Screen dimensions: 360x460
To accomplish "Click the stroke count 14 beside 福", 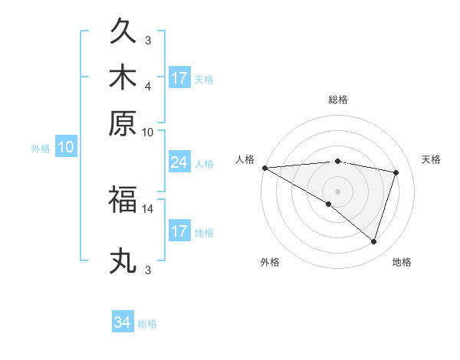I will coord(148,208).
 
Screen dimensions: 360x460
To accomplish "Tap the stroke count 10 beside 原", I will coord(148,132).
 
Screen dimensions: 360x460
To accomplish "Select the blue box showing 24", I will coord(179,162).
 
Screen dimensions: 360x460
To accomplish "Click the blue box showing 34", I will coord(123,322).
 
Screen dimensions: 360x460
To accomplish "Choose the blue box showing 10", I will coord(65,147).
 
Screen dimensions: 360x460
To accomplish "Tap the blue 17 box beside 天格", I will coord(179,78).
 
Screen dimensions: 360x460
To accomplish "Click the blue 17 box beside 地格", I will coord(179,231).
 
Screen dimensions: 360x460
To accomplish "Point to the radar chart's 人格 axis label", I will coord(245,159).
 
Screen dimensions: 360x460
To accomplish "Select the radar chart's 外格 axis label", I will coord(269,262).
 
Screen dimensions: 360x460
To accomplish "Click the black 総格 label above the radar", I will coord(337,100).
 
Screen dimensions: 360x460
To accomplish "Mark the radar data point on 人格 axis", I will coord(264,168).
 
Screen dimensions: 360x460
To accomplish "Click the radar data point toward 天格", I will coord(396,172).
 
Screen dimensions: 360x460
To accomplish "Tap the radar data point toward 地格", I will coord(373,241).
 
